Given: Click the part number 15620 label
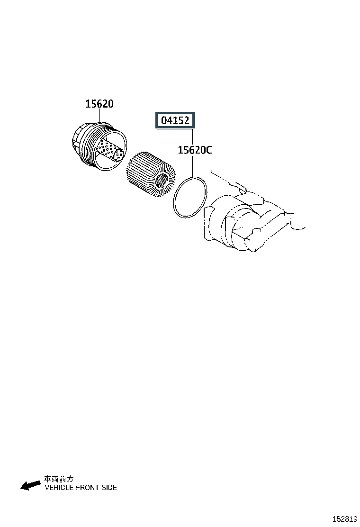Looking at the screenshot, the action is tap(99, 104).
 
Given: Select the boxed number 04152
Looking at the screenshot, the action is tap(175, 120).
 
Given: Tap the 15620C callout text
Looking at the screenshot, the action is tap(195, 150).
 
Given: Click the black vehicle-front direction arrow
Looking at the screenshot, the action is tap(31, 485).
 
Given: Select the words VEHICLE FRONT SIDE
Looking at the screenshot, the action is tap(81, 488).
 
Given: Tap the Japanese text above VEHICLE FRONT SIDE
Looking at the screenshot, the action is tap(58, 479).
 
